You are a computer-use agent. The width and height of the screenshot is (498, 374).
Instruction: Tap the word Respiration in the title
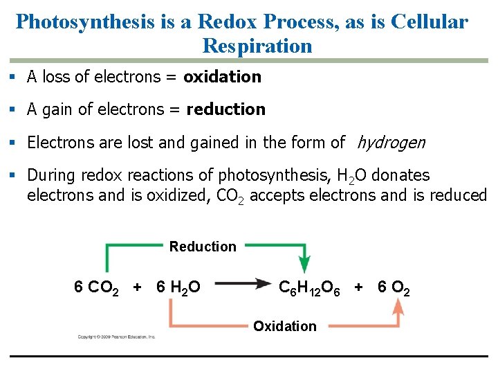pyautogui.click(x=257, y=46)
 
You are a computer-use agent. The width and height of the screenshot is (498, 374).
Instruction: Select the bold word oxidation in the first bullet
pyautogui.click(x=222, y=77)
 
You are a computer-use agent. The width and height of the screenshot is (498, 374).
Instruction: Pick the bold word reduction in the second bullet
pyautogui.click(x=226, y=109)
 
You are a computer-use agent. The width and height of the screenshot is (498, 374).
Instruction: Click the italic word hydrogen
pyautogui.click(x=391, y=143)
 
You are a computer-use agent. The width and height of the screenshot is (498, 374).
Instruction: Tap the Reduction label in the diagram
pyautogui.click(x=203, y=247)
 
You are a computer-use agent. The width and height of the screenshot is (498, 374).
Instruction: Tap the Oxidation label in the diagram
pyautogui.click(x=285, y=326)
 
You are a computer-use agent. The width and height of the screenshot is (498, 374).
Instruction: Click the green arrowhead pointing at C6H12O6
pyautogui.click(x=304, y=265)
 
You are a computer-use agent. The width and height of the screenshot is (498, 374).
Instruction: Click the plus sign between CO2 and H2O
pyautogui.click(x=138, y=287)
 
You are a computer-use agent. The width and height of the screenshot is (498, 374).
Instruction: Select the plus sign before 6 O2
pyautogui.click(x=358, y=287)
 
